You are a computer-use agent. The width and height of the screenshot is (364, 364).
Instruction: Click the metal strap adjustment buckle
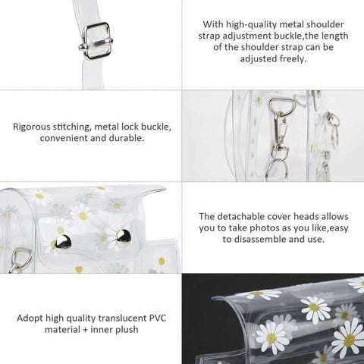click(96, 41)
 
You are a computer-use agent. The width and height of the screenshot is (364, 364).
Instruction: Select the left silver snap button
click(63, 243)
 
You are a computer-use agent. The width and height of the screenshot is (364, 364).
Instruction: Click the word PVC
click(158, 318)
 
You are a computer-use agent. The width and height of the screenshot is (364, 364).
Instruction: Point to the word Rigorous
click(32, 127)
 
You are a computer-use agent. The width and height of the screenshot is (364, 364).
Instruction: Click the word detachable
click(241, 216)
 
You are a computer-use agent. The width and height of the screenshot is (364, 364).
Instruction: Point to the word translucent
click(122, 318)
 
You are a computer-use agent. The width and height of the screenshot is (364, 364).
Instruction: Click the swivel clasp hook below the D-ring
click(281, 130)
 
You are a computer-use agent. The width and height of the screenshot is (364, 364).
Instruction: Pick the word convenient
click(65, 138)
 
